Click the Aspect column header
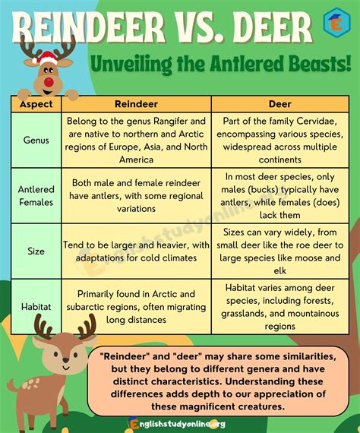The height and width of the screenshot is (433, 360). [x=36, y=103]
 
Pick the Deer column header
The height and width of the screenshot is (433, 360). [x=279, y=103]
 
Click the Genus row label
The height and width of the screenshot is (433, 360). [x=36, y=141]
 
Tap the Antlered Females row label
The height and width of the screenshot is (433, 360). [x=36, y=196]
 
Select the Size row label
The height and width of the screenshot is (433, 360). [x=36, y=251]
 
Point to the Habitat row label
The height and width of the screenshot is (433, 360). [x=36, y=305]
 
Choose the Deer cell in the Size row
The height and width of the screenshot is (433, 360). [x=279, y=251]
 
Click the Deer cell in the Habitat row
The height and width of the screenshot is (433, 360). [x=279, y=305]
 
